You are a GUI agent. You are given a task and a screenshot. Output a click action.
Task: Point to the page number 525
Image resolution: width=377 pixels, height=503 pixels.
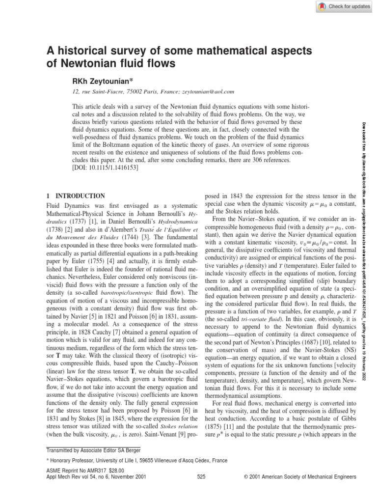pos(201,490)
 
